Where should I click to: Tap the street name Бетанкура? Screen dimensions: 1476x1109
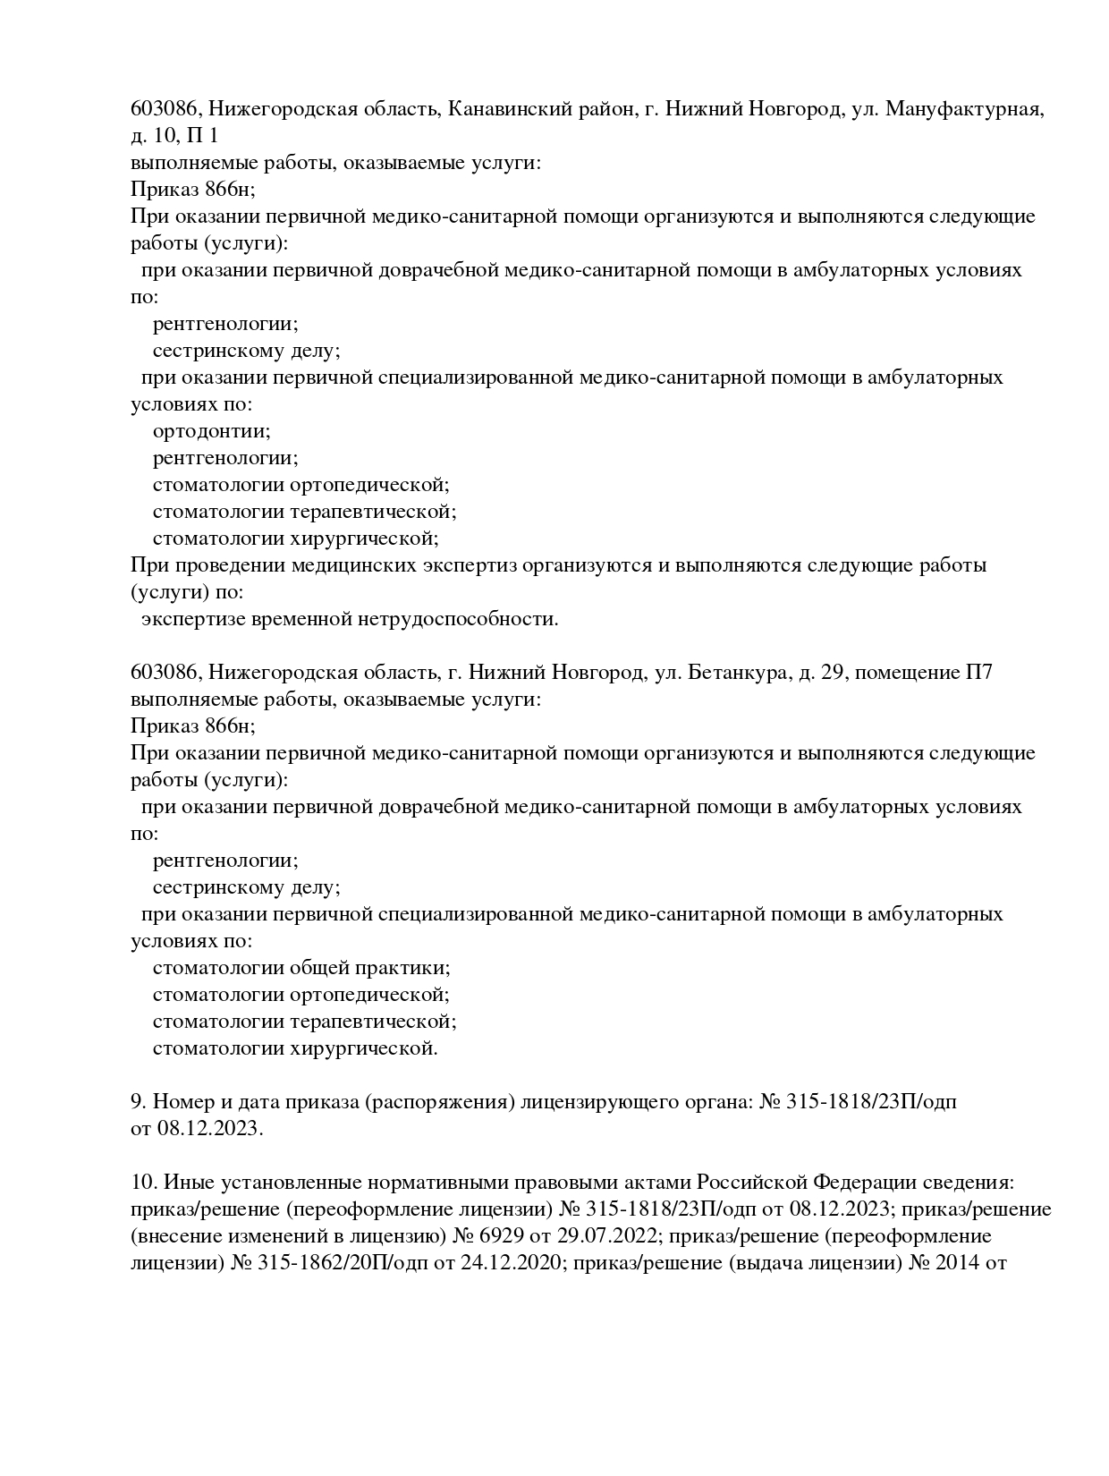736,673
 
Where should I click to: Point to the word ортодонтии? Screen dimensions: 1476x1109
211,431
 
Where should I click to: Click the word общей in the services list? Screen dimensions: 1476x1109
321,968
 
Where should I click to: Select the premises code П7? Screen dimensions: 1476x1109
978,673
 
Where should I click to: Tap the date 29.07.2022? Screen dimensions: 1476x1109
707,1237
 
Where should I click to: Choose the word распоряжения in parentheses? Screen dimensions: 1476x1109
441,1103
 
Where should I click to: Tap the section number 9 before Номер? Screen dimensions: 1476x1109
136,1102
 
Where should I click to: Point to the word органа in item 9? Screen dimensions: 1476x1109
717,1102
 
